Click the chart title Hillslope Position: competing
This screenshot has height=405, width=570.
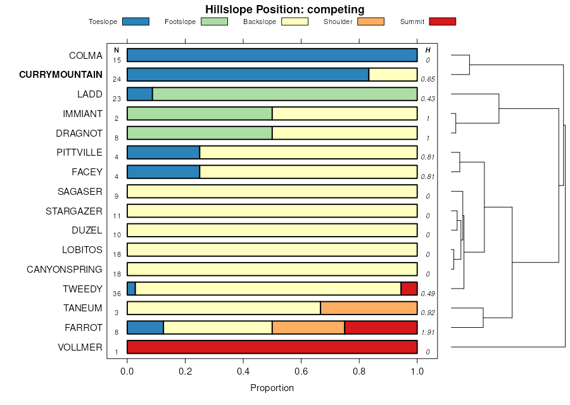click(284, 9)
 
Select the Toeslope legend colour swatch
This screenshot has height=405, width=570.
click(136, 22)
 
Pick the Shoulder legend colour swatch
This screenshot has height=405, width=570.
click(370, 22)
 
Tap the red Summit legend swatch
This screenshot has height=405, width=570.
click(442, 22)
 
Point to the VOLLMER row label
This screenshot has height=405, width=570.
click(80, 347)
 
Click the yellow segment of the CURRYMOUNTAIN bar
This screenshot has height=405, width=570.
click(393, 75)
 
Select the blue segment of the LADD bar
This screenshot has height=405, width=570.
click(139, 94)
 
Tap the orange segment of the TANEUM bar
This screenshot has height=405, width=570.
click(369, 308)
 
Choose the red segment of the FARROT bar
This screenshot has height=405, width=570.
click(381, 328)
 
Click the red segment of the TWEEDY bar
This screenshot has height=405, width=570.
click(409, 289)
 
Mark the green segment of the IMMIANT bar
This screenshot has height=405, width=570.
click(199, 114)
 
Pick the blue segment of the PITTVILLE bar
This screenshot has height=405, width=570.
click(163, 153)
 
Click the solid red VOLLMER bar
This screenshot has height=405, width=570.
click(272, 347)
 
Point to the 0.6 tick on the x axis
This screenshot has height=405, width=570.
click(301, 371)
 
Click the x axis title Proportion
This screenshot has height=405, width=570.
click(272, 388)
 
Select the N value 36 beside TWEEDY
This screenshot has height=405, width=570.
click(117, 294)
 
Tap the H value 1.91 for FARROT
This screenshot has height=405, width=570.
click(428, 332)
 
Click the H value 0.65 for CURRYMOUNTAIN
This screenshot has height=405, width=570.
click(427, 80)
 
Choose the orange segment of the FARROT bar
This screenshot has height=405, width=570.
click(308, 328)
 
